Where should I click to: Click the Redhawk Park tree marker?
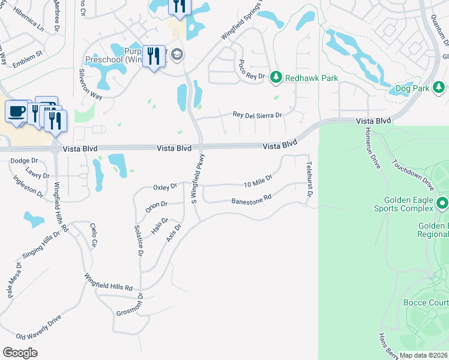point(276,77)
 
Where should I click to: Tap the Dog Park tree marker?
point(439,88)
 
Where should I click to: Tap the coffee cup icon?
point(16,111)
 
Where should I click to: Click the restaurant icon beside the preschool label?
point(154,57)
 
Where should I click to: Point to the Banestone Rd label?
point(252,199)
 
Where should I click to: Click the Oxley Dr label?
point(165,187)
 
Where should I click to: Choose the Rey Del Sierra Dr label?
point(257,114)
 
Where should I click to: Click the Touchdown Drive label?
point(412,175)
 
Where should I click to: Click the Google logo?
point(20,353)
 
